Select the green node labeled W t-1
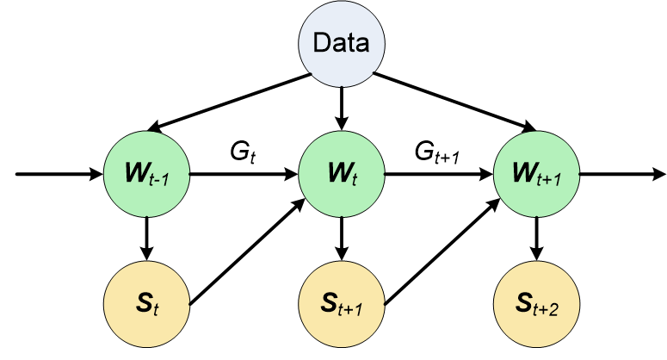tap(146, 175)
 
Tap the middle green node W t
tap(342, 175)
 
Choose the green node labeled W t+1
tap(537, 175)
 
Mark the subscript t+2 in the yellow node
tap(549, 308)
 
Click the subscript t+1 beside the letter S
tap(354, 308)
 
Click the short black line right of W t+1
tap(650, 175)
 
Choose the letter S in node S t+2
tap(523, 303)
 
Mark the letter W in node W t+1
tap(524, 174)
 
